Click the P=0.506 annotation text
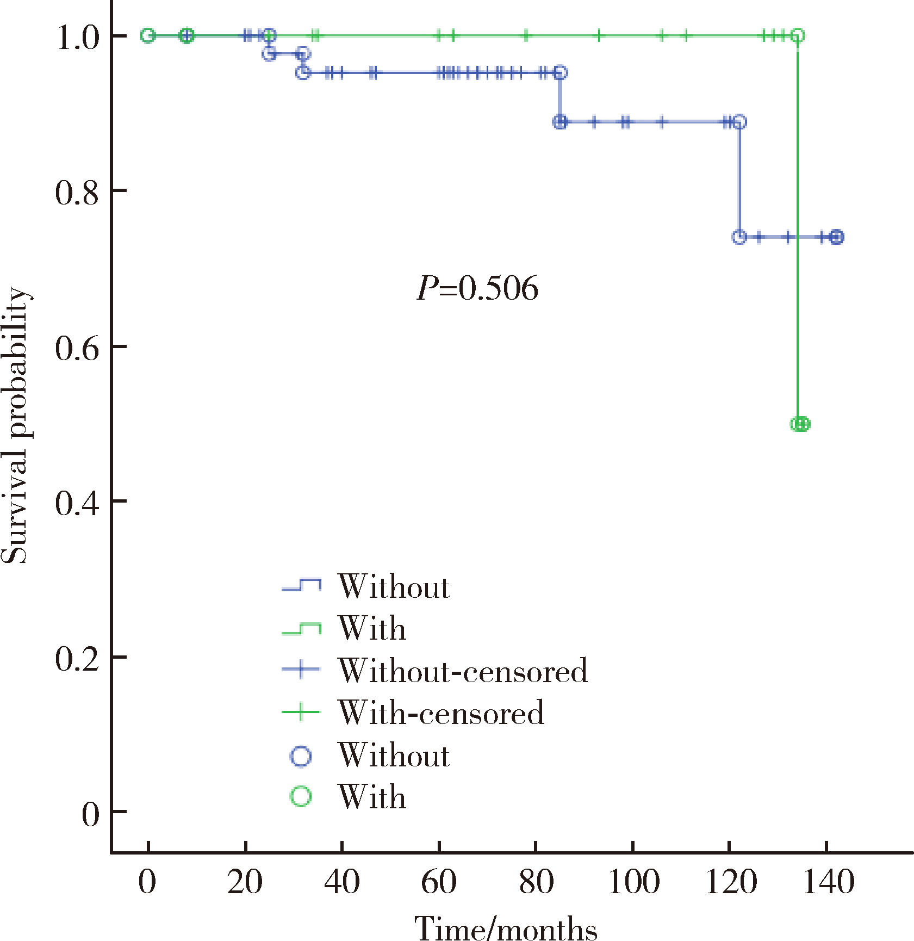(x=477, y=288)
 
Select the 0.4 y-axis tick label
(x=77, y=503)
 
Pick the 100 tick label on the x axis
(x=633, y=882)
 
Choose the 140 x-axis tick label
(x=828, y=882)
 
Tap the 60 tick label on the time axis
(x=439, y=882)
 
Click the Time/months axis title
(x=506, y=927)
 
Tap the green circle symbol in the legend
(x=301, y=797)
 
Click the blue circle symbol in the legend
(x=301, y=756)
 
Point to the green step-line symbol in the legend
(x=301, y=629)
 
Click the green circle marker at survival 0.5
(x=800, y=424)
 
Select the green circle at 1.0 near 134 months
(x=797, y=36)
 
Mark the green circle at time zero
(x=148, y=36)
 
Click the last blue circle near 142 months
(x=837, y=237)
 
